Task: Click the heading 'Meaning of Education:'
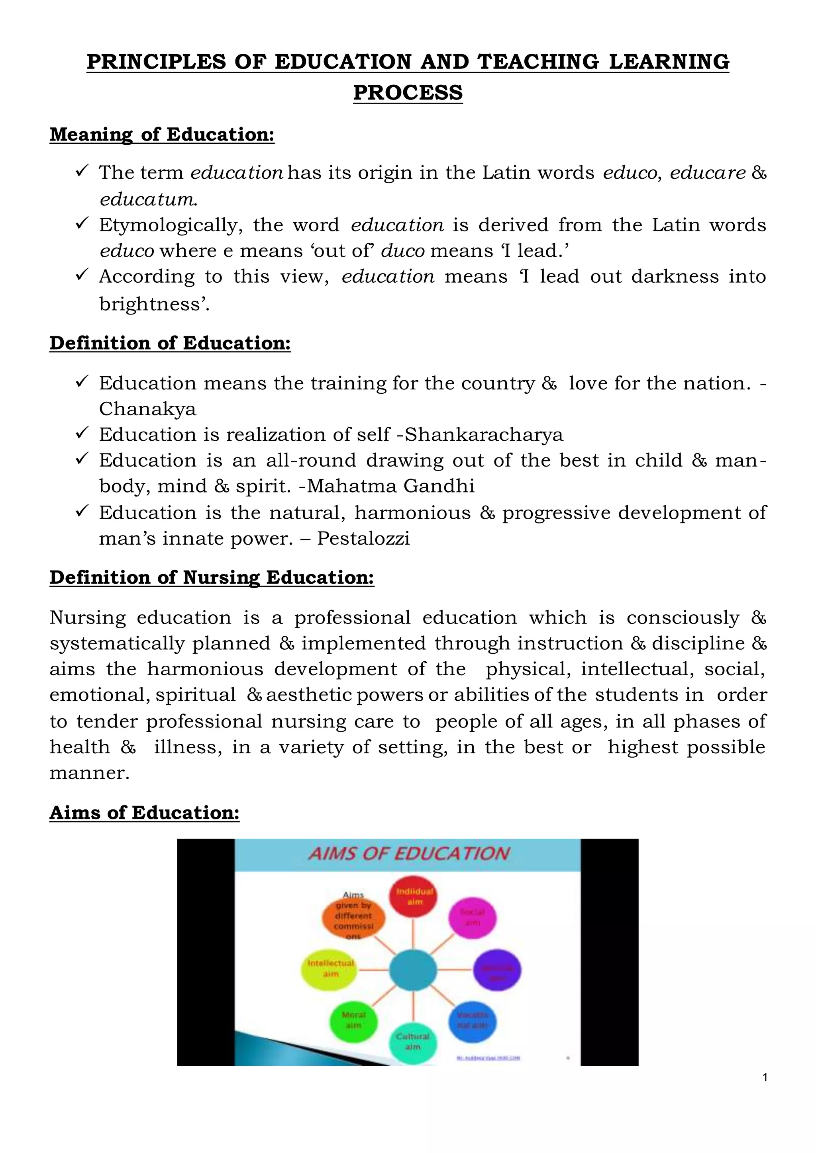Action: [162, 135]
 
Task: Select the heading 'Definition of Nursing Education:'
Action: [212, 578]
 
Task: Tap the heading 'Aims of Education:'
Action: [144, 813]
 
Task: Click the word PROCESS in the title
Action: [408, 93]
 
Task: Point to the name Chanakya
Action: [147, 409]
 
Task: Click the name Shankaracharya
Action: [484, 435]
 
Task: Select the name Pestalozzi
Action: [363, 539]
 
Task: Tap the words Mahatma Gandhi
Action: [391, 486]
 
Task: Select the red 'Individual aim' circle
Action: [414, 897]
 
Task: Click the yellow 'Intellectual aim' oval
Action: [330, 969]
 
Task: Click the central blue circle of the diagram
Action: [413, 969]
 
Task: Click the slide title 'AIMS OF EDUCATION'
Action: [408, 854]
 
